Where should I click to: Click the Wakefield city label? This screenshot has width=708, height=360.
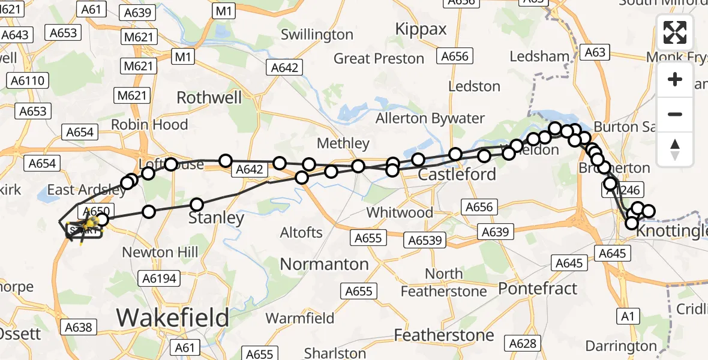tap(173, 317)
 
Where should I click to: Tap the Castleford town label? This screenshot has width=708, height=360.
tap(457, 175)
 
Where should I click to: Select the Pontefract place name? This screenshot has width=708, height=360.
tap(538, 288)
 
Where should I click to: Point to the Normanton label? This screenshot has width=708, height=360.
tap(325, 264)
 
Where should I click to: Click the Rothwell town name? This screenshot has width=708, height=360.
tap(209, 98)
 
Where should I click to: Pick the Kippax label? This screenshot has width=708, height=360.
tap(421, 29)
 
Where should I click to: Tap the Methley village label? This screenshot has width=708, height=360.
tap(343, 143)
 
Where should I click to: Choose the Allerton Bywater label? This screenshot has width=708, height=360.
tap(430, 118)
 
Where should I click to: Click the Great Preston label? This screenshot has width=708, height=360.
tap(379, 59)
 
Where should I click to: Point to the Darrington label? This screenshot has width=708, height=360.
tap(620, 346)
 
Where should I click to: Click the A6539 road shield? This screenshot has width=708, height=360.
tap(425, 241)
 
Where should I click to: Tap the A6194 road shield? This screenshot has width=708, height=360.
tap(158, 278)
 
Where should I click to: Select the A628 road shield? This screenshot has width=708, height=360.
tap(521, 343)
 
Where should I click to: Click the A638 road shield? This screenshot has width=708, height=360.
tap(78, 327)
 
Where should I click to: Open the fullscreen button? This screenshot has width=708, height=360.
tap(675, 32)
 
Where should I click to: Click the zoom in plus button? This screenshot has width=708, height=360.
tap(675, 80)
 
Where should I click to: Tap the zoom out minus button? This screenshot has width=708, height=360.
tap(675, 114)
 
